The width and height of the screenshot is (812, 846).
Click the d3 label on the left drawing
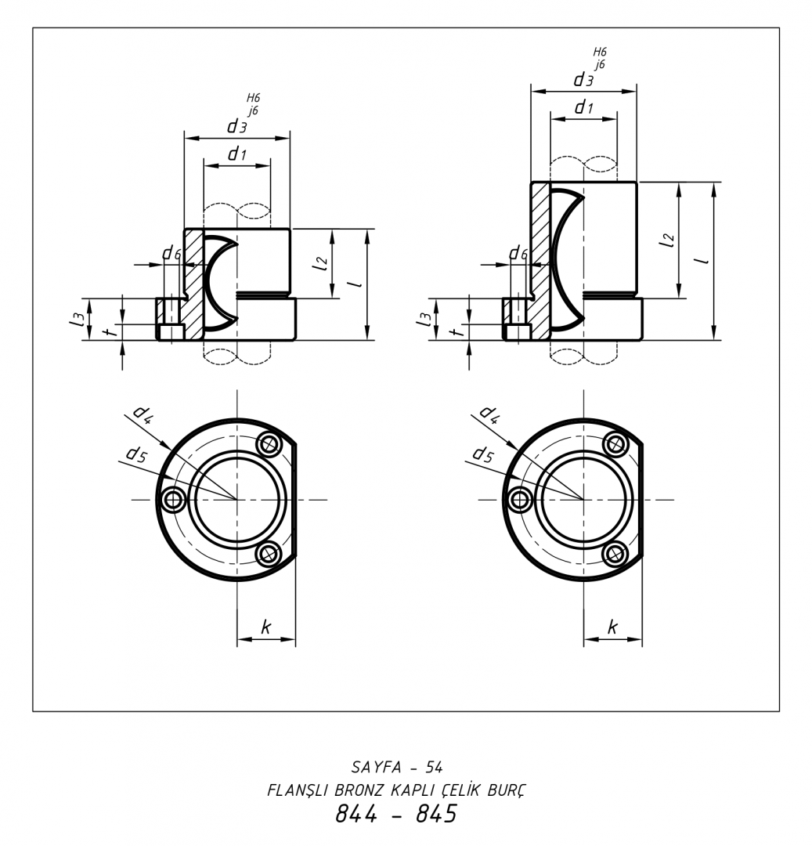[x=236, y=126]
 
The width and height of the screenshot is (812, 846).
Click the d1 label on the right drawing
[x=583, y=107]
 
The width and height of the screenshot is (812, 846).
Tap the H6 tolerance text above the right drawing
[x=600, y=52]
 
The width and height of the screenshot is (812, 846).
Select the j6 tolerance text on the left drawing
[x=253, y=110]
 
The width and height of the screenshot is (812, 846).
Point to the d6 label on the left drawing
[x=172, y=252]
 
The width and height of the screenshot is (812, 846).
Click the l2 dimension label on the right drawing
[x=667, y=239]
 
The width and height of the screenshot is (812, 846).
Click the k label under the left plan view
[x=265, y=627]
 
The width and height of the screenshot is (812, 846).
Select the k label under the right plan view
[x=612, y=627]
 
